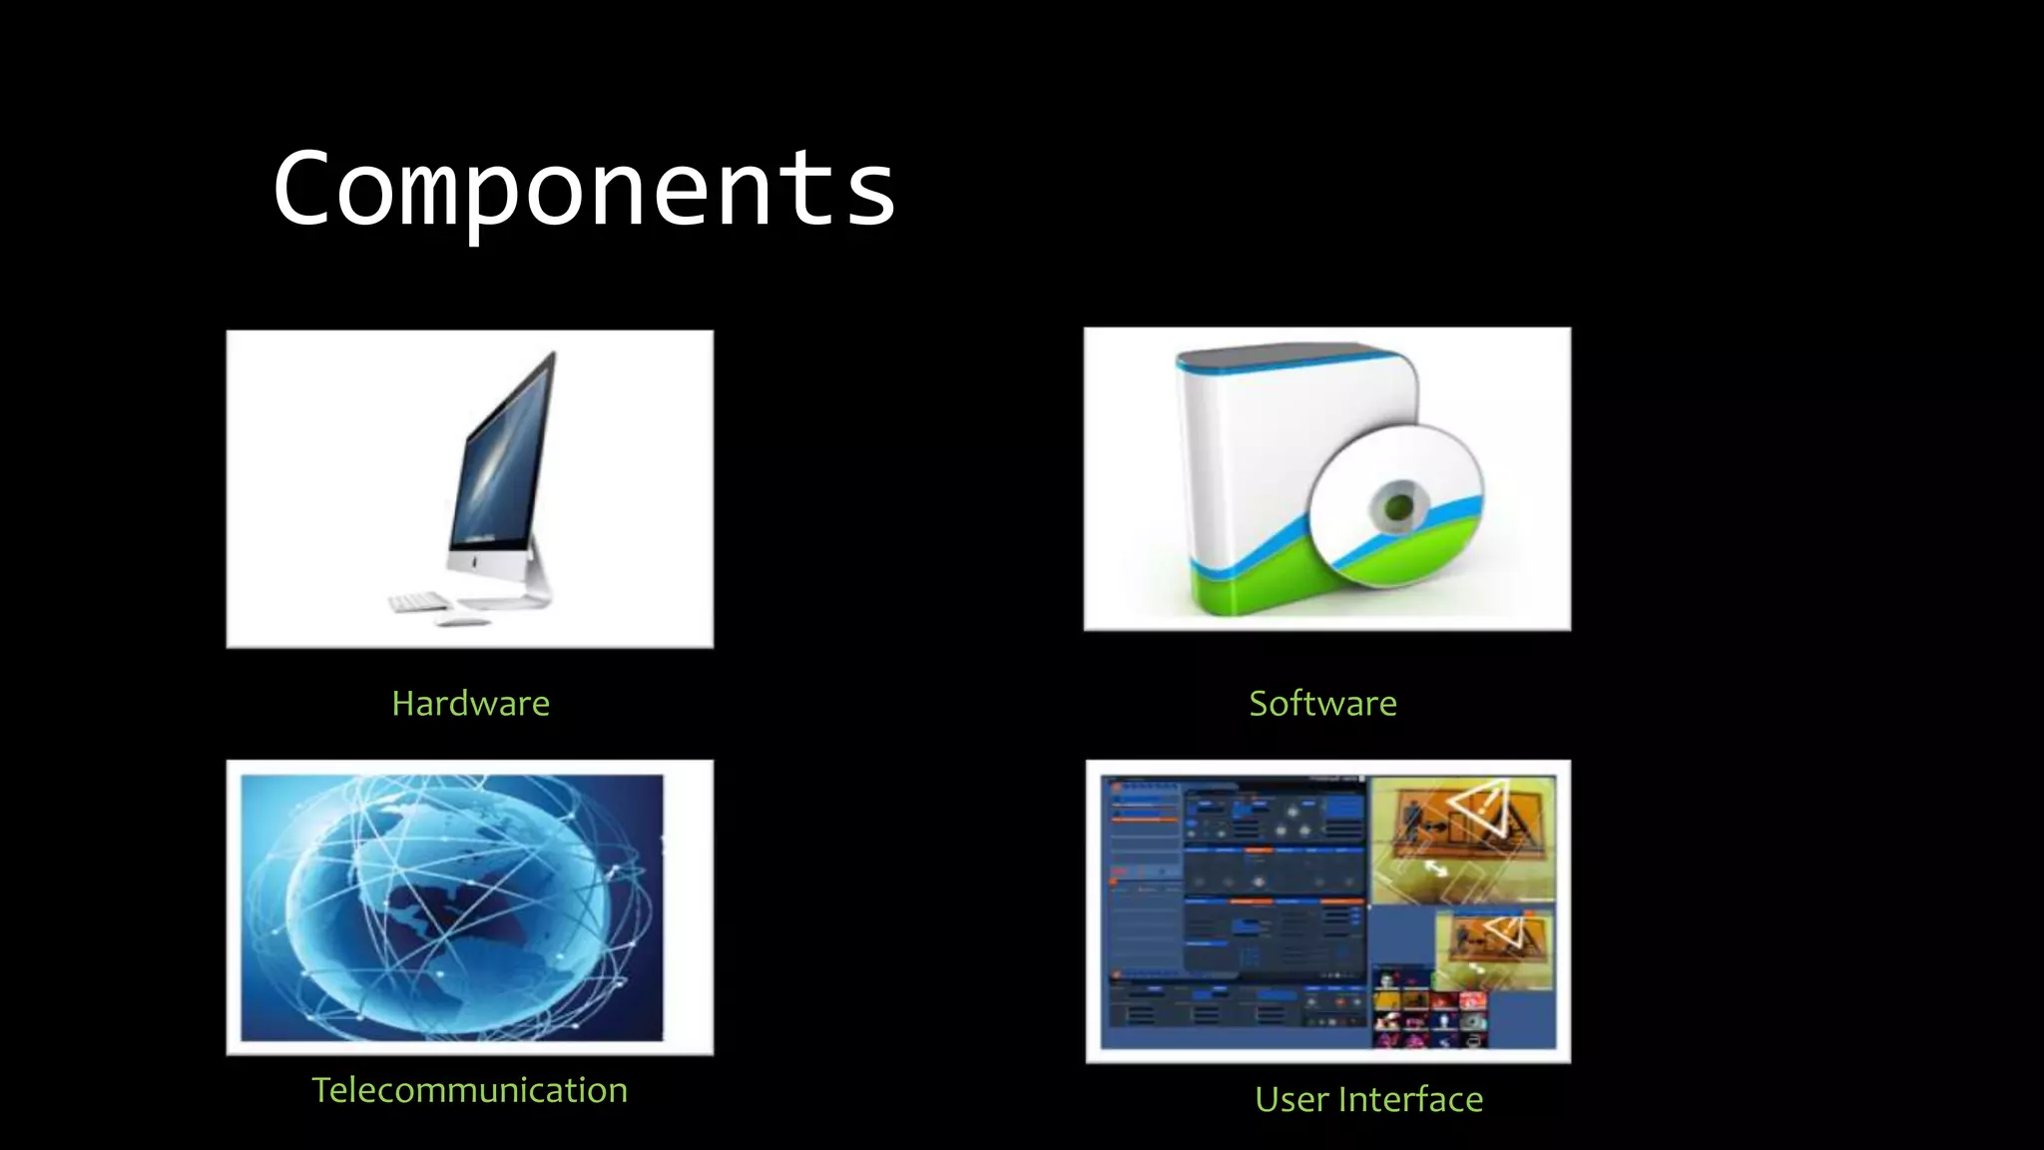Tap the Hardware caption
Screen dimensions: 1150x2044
coord(470,704)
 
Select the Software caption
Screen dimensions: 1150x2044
coord(1322,704)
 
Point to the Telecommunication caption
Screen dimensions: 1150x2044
coord(469,1090)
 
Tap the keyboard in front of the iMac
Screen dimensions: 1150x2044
coord(419,602)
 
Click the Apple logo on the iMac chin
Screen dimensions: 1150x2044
coord(478,564)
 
